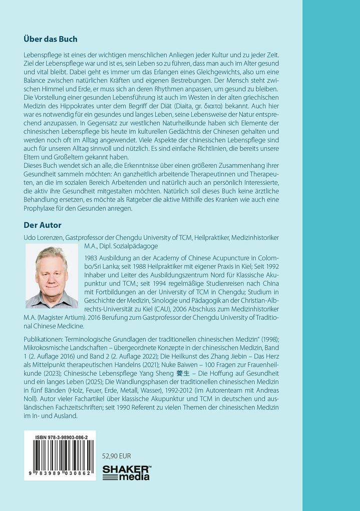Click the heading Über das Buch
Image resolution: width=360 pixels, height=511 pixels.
click(x=51, y=39)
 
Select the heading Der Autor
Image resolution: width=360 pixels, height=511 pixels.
click(x=43, y=225)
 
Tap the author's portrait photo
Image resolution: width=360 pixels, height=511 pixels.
click(x=52, y=277)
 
